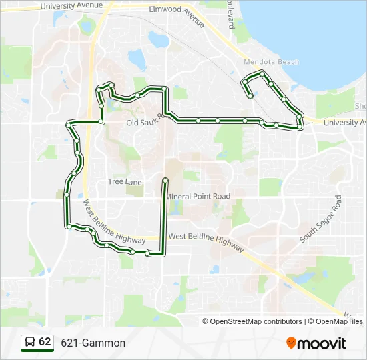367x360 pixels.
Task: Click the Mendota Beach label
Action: click(272, 62)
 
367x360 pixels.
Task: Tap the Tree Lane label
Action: click(125, 181)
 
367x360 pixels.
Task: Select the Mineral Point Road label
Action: click(198, 197)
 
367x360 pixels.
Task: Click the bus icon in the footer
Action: click(30, 342)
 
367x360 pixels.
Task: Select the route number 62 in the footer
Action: click(45, 341)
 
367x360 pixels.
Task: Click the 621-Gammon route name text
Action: click(93, 343)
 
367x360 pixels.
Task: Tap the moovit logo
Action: click(316, 343)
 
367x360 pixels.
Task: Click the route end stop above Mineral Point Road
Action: click(165, 180)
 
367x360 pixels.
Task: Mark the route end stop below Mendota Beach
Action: click(250, 95)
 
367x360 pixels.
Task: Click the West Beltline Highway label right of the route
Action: click(207, 237)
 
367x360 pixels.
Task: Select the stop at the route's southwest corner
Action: click(68, 226)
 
